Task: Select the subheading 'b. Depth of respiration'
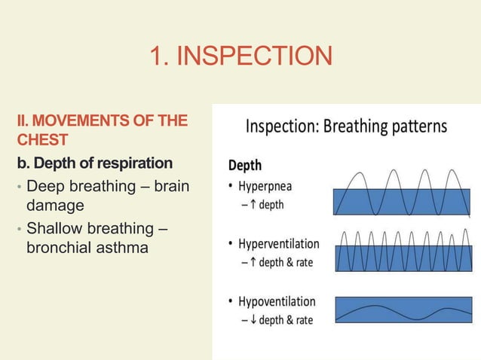[95, 163]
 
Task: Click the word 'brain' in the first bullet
[170, 186]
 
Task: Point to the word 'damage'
[54, 205]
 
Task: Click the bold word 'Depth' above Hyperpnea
[245, 163]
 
